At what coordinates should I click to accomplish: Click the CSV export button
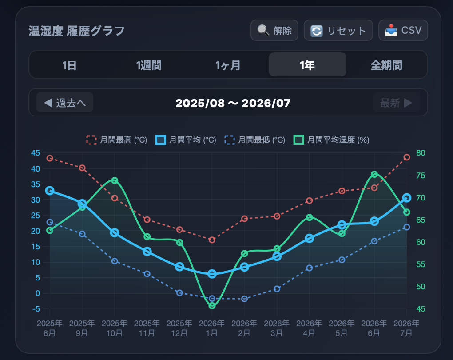click(403, 30)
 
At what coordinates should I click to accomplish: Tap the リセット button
click(338, 30)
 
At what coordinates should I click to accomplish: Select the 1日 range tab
click(69, 65)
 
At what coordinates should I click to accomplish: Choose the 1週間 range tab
click(149, 65)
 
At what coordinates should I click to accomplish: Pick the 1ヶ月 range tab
click(228, 65)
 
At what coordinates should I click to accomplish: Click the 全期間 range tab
click(386, 65)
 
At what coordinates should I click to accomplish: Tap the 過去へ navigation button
click(65, 102)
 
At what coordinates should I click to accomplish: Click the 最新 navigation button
click(396, 102)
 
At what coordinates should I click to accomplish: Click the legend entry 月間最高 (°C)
click(117, 140)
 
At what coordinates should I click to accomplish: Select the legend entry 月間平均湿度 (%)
click(331, 140)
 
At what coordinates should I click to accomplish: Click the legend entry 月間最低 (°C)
click(255, 140)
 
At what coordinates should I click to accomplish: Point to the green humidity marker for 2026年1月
click(212, 305)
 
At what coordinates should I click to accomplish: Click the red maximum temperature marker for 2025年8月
click(50, 158)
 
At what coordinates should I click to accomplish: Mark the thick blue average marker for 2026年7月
click(407, 198)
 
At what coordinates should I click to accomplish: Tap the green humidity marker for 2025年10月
click(115, 181)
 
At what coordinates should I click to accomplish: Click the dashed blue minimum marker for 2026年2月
click(244, 299)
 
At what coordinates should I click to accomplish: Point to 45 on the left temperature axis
click(36, 153)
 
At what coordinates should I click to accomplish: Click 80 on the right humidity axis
click(421, 153)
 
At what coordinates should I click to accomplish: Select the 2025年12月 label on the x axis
click(179, 328)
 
